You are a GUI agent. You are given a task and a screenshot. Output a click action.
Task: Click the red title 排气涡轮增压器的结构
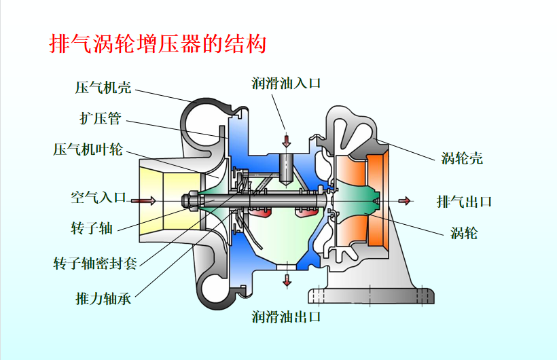point(158,45)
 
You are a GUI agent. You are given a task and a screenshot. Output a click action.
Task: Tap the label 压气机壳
point(103,88)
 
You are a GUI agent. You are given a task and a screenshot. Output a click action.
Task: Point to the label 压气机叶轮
point(88,149)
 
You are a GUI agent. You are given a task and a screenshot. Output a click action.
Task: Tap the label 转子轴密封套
point(95,263)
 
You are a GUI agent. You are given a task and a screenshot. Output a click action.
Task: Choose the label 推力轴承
point(103,299)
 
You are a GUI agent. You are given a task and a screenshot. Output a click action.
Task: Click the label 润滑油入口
point(285,84)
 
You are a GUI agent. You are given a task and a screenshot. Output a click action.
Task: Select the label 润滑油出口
point(285,317)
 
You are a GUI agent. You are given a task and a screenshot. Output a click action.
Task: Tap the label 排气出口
point(464,202)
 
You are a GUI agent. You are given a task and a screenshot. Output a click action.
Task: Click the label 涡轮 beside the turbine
point(465,234)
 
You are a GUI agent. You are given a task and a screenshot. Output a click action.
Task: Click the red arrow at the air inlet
point(143,200)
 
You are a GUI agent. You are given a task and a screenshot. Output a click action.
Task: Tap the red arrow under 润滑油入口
point(286,141)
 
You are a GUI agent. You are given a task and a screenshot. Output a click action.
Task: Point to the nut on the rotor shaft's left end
point(190,200)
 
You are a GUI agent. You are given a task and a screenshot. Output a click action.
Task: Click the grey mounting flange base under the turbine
point(370,295)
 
